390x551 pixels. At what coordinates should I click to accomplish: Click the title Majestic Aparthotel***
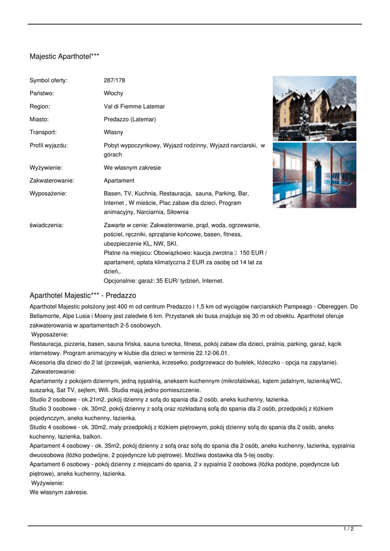click(64, 56)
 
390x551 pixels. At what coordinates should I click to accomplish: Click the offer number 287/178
click(114, 81)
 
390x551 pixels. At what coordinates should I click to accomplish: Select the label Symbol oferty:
click(48, 81)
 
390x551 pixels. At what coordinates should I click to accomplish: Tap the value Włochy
click(113, 94)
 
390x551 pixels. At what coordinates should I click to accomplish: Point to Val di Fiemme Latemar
click(134, 107)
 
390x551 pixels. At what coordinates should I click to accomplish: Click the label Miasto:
click(39, 119)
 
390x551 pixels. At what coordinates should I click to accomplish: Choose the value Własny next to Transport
click(114, 132)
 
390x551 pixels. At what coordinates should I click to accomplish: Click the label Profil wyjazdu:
click(48, 145)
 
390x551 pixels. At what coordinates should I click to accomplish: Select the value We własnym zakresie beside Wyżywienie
click(132, 168)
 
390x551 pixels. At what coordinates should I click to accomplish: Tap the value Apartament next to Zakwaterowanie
click(119, 181)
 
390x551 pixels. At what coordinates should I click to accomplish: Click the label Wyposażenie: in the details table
click(48, 193)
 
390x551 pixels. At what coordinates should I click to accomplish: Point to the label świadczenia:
click(46, 225)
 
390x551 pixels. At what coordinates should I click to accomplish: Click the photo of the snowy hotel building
click(314, 108)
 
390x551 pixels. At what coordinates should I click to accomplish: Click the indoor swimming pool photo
click(314, 175)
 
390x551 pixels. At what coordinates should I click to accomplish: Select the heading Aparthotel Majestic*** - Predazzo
click(83, 295)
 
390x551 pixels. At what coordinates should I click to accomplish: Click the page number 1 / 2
click(349, 529)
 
